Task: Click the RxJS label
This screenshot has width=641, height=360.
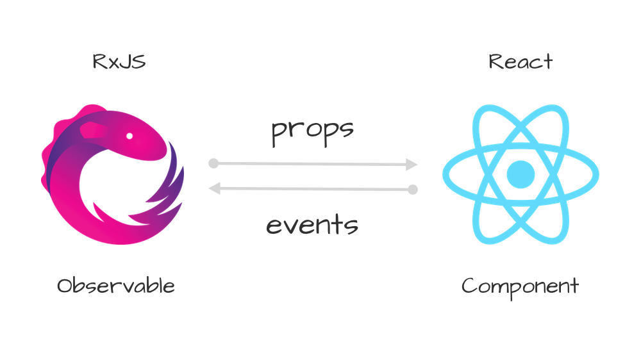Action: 119,62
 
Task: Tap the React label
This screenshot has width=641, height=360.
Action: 520,62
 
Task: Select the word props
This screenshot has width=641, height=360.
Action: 312,131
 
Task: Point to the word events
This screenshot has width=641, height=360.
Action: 312,225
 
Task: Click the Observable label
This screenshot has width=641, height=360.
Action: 116,286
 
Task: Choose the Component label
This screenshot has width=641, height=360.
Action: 520,286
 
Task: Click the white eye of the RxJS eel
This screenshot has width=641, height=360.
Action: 129,136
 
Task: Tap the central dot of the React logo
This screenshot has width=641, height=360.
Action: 520,173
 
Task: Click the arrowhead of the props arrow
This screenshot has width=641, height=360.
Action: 412,165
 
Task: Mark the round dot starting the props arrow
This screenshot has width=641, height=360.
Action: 213,163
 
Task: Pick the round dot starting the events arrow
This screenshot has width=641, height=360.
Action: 413,190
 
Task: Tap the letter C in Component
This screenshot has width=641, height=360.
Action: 469,286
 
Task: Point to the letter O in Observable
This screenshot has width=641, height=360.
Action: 65,286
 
